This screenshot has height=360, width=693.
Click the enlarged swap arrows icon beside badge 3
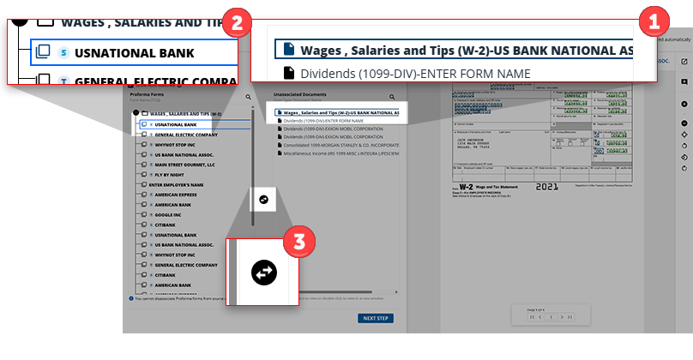coord(264,273)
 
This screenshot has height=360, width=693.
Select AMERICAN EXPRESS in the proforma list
coord(177,195)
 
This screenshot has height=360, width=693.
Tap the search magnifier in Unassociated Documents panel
coord(392,98)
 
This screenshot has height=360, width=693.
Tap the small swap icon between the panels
coord(263,199)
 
